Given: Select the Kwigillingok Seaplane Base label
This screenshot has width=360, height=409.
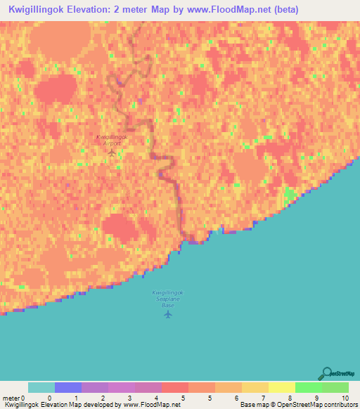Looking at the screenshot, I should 167,299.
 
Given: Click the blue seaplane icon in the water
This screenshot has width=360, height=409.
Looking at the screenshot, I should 167,313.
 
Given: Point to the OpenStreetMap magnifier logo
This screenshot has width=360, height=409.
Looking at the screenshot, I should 325,373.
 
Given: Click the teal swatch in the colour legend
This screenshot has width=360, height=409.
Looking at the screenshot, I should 41,387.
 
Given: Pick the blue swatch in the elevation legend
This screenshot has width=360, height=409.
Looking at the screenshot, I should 67,387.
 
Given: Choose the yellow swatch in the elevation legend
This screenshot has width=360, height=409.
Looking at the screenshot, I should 281,387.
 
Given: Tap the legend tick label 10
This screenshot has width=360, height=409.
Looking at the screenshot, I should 344,398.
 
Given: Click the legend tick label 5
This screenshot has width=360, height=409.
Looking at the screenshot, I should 184,398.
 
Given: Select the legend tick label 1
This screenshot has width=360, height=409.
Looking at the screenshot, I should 76,398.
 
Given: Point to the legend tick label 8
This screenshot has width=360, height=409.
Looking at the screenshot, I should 290,398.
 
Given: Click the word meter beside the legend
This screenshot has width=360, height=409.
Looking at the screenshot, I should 11,398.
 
